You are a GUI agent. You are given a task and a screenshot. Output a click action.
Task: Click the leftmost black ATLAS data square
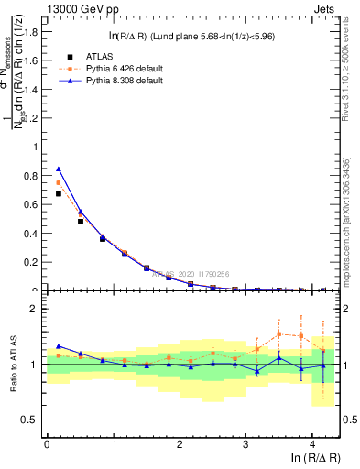(x=59, y=193)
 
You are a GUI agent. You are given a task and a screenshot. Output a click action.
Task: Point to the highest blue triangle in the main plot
(x=59, y=169)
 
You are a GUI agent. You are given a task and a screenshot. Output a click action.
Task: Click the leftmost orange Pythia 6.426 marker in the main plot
(x=59, y=182)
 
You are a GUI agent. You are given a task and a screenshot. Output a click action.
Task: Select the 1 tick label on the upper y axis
(x=38, y=147)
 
